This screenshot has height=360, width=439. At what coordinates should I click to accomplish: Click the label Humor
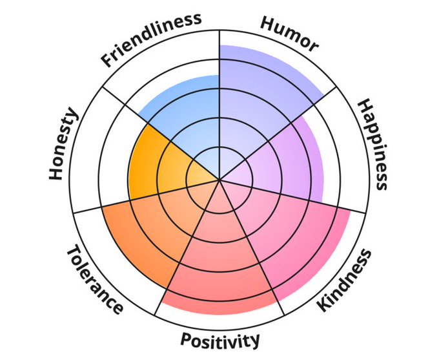click(289, 33)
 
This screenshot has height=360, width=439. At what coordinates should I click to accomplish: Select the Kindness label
click(345, 279)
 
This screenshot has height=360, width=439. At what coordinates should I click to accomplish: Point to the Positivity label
click(220, 339)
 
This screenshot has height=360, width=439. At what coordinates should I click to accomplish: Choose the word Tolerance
click(94, 280)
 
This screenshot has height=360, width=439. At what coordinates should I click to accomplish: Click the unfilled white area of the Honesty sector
click(97, 162)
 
